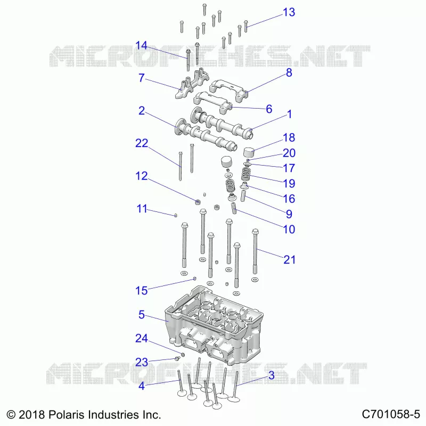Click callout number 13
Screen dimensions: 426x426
coord(289,12)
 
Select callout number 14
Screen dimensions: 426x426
coord(141,45)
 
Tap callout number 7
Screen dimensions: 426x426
coord(141,78)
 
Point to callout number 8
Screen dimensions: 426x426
coord(289,72)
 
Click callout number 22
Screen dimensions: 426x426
coord(142,143)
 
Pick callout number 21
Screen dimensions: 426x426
coord(289,259)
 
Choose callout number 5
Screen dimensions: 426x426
coord(141,315)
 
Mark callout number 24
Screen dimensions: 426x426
coord(142,338)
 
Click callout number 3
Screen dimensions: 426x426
coord(272,375)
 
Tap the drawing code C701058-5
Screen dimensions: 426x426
coord(391,414)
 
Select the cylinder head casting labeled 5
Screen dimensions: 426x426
coord(214,325)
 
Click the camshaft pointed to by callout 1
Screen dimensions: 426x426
coord(223,124)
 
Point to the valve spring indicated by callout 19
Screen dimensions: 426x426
coord(246,174)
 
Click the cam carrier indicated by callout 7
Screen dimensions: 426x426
coord(192,84)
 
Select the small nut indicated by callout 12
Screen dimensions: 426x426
coord(198,202)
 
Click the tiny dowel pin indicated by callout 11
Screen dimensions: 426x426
coord(176,216)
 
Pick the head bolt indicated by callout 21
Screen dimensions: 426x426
coord(255,251)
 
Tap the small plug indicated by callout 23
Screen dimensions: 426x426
coord(177,358)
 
